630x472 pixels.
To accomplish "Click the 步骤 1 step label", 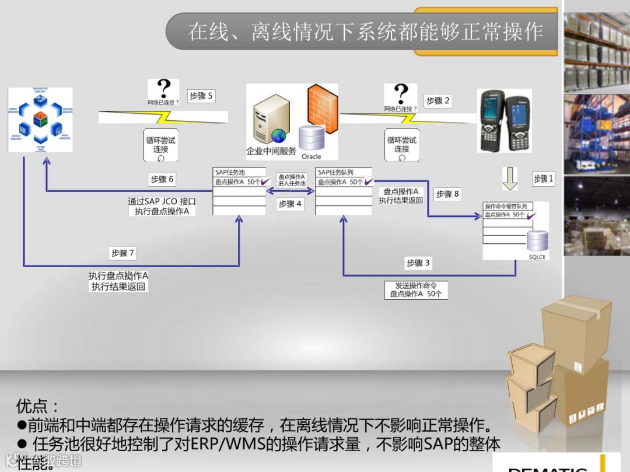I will tap(543, 179).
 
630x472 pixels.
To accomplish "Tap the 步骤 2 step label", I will tap(438, 101).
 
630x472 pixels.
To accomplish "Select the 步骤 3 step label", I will tap(418, 263).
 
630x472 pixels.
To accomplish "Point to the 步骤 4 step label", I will tap(290, 204).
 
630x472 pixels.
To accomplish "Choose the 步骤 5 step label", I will tap(201, 96).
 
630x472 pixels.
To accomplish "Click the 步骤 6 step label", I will tap(162, 179).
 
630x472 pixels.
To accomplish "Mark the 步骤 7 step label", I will tap(123, 253).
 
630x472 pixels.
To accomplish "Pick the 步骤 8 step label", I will tap(447, 194).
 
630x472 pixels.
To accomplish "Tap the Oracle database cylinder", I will tap(311, 138).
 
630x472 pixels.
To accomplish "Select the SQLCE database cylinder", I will tap(537, 241).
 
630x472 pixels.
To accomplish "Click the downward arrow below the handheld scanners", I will tap(510, 179).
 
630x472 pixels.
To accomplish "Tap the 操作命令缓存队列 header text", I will tap(506, 207).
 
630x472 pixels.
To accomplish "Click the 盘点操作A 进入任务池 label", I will tap(291, 180).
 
